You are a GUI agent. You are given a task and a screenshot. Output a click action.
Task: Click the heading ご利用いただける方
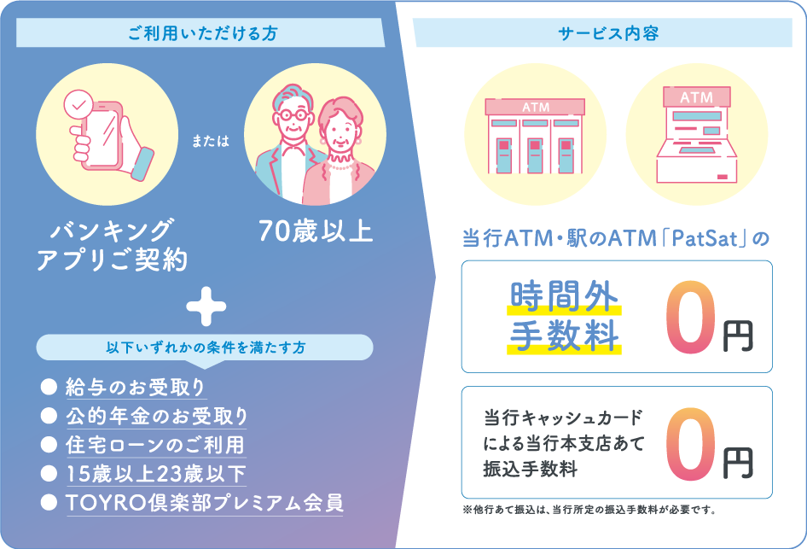click(x=203, y=33)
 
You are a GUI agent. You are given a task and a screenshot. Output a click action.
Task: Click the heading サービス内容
click(x=608, y=33)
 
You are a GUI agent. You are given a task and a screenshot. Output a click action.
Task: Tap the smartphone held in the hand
click(x=104, y=135)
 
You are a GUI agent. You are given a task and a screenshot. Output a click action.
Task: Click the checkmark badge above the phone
click(x=78, y=106)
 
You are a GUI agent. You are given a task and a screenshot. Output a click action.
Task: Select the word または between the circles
click(x=211, y=141)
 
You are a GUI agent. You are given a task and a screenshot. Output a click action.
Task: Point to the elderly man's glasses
click(x=292, y=115)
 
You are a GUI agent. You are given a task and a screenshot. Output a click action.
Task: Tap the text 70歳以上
click(x=316, y=231)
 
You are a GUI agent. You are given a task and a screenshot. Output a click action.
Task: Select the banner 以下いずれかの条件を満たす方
click(x=205, y=348)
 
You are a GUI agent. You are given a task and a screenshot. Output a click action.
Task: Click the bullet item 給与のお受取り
click(x=136, y=388)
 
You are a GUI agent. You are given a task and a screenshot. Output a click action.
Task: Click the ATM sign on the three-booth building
click(x=536, y=107)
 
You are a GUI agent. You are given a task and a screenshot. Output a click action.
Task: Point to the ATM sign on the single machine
click(x=697, y=96)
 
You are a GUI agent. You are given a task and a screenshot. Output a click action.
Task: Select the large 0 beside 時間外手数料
click(x=691, y=316)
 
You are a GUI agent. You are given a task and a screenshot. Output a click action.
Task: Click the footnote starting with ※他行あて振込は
click(x=589, y=511)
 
